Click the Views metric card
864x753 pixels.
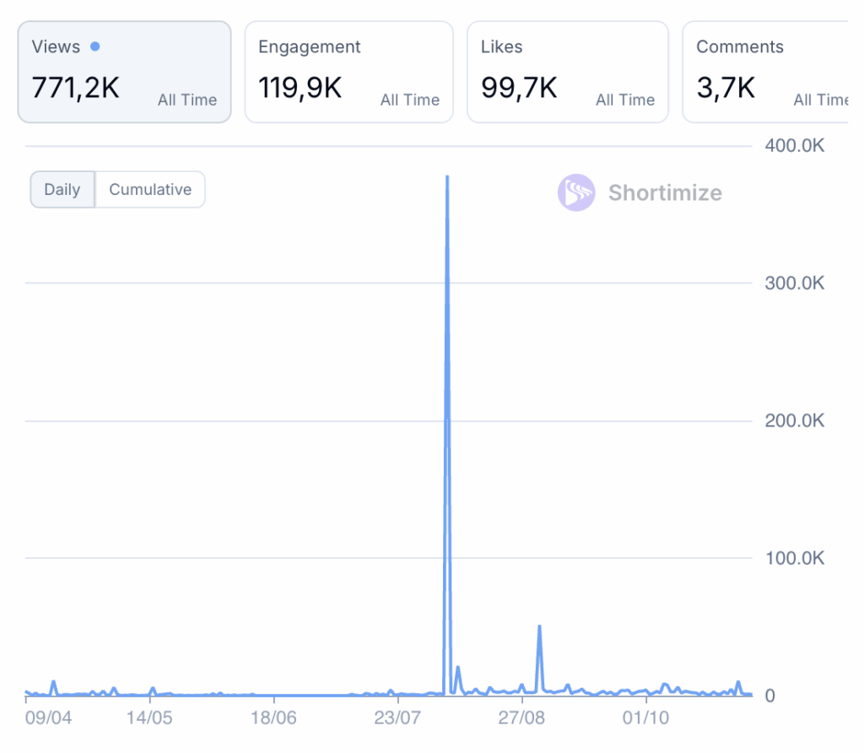(x=124, y=72)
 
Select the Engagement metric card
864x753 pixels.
(x=348, y=72)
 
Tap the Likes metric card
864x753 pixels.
(x=567, y=72)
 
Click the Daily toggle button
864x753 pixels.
(x=62, y=190)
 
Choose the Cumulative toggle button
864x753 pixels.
(x=150, y=190)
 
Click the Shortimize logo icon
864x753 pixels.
(x=576, y=192)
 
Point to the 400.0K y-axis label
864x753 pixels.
(x=794, y=146)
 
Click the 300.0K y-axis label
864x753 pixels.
(x=794, y=283)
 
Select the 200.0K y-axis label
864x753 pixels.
(x=794, y=420)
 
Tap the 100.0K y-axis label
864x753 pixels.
(x=794, y=558)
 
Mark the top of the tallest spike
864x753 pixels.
(x=446, y=177)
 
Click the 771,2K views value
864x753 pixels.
(x=76, y=87)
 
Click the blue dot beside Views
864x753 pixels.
(x=94, y=46)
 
